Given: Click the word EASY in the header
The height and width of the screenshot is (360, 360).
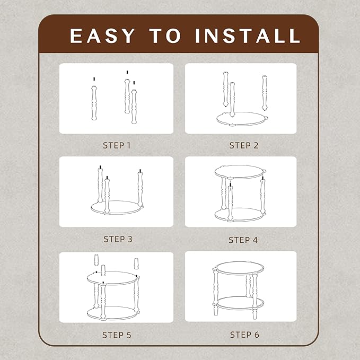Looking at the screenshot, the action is click(x=102, y=36).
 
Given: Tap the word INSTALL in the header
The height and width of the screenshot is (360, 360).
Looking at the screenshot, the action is click(x=248, y=36).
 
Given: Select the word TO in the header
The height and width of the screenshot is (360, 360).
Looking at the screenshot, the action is click(x=165, y=36).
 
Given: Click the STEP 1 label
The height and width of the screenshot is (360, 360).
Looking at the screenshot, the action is click(x=117, y=145).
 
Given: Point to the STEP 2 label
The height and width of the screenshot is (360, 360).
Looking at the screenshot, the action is click(x=244, y=145).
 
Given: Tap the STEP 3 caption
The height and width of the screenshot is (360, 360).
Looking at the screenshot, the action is click(x=118, y=239).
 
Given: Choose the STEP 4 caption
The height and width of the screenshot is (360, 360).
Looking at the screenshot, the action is click(x=243, y=240).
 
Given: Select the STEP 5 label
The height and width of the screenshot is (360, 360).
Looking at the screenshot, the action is click(x=117, y=335).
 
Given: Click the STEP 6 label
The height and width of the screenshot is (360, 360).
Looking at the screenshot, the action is click(x=244, y=335).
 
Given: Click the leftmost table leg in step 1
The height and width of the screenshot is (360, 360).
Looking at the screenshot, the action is click(x=94, y=103).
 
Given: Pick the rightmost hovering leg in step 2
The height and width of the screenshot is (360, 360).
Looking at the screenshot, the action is click(x=265, y=93).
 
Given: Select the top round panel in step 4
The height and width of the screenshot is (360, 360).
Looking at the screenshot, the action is click(x=240, y=172).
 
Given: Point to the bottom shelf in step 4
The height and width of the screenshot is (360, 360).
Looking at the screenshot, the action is click(x=240, y=215).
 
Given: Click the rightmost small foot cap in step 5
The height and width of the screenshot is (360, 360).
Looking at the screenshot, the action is click(x=136, y=264).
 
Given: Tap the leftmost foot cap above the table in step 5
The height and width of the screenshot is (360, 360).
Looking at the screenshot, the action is click(x=96, y=260).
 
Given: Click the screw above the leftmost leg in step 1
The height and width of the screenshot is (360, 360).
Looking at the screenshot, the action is click(x=94, y=79).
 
